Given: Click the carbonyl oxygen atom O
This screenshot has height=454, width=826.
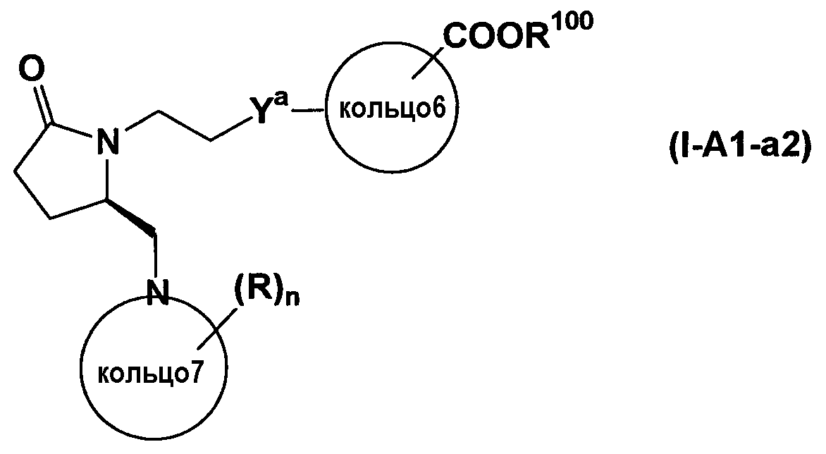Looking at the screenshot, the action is click(32, 70).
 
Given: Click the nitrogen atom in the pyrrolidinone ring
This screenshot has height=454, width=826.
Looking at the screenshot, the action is click(108, 142).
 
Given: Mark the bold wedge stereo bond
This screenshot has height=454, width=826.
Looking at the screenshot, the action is click(131, 216).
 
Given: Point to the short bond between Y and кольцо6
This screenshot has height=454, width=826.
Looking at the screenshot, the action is click(308, 111).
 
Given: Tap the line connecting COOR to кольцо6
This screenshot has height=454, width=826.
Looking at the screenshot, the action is click(429, 61).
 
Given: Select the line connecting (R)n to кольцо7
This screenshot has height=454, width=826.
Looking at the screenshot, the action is click(217, 329).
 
